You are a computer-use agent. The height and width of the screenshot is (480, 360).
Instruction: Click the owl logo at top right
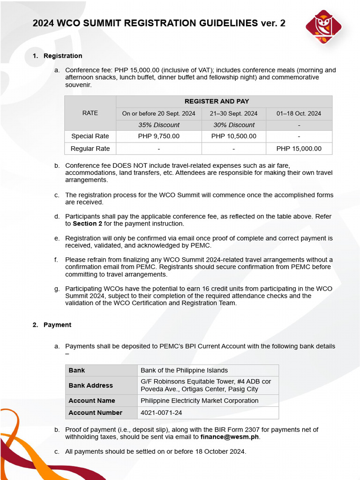(323, 27)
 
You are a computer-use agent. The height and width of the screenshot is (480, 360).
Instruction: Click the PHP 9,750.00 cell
(158, 136)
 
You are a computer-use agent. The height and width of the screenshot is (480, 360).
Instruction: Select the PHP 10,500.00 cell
(233, 136)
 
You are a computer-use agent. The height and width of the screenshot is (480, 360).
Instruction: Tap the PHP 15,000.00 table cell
(299, 149)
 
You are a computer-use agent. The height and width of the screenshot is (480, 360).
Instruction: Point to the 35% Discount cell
(158, 125)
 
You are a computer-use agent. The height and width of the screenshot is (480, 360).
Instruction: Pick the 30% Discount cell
(233, 125)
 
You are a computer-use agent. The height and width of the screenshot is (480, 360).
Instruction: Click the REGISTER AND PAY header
(224, 101)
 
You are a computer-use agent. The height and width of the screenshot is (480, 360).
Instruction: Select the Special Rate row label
(90, 136)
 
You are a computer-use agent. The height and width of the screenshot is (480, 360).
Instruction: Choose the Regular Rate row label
(90, 149)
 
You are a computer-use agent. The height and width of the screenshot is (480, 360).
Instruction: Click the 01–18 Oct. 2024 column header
(299, 113)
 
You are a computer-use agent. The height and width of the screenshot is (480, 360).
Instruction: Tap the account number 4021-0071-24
(161, 413)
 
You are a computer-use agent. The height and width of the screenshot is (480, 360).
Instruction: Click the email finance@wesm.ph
(230, 437)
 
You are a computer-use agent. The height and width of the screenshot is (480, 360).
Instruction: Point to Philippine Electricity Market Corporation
(199, 401)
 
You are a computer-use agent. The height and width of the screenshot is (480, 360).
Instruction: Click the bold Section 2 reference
(87, 224)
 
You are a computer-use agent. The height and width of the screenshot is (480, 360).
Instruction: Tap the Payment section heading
(57, 325)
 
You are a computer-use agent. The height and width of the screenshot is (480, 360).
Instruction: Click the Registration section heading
(63, 56)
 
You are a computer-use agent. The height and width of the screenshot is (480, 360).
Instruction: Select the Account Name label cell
(92, 401)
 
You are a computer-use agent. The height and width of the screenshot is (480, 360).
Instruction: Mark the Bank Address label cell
(90, 385)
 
